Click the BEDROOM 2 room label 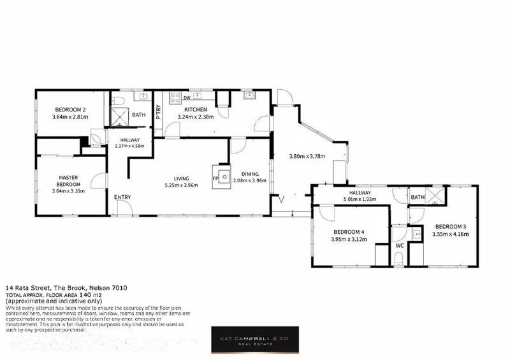pos(70,109)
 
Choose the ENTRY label pos(122,198)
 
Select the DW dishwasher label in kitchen pos(187,98)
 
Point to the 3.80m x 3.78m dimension pos(307,156)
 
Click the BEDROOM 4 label pos(347,232)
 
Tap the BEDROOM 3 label pos(451,227)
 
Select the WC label pos(399,245)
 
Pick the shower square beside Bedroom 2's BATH pos(119,116)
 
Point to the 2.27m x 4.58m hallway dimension pos(130,146)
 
